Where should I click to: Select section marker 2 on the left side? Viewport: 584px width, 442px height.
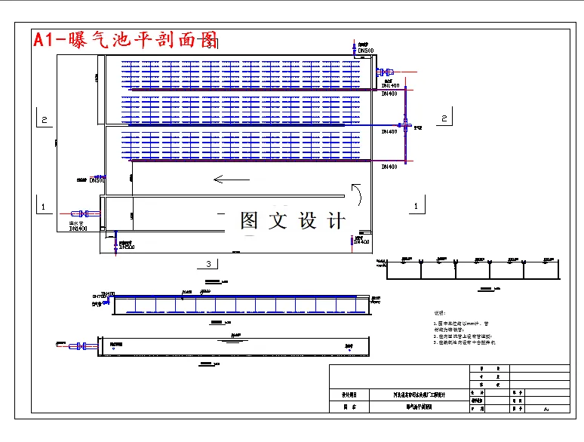45,119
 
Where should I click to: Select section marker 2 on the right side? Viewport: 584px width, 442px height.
444,118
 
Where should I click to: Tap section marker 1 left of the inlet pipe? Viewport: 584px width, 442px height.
44,206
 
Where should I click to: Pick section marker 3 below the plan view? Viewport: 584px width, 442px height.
208,264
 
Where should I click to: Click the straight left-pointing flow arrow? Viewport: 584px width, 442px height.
230,180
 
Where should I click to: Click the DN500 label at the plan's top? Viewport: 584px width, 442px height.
367,51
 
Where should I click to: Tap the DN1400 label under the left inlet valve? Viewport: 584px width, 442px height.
78,228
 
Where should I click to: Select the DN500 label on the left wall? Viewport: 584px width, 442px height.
97,180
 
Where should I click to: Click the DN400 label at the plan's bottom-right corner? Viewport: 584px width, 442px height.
361,242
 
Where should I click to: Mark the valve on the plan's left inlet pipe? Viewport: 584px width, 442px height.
84,213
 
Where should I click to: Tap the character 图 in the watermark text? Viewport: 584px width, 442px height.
250,220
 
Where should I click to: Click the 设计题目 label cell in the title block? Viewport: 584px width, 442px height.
349,394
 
